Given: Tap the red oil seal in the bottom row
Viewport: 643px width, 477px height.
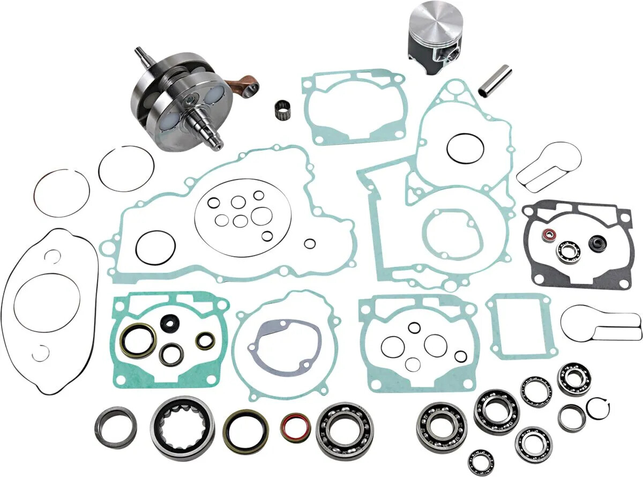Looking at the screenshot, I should [295, 427].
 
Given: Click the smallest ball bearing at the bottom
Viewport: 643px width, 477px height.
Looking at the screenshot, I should [481, 461].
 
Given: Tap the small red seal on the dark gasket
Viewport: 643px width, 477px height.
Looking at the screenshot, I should [547, 235].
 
